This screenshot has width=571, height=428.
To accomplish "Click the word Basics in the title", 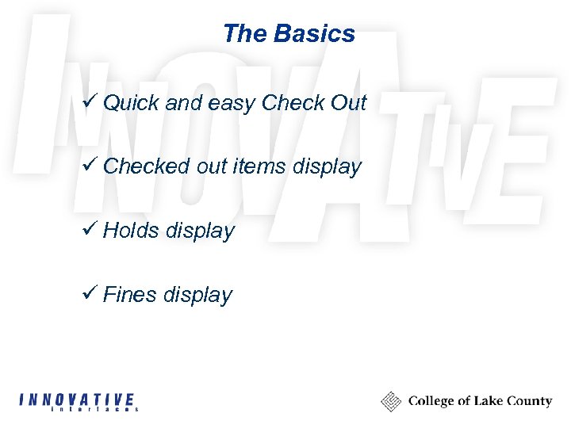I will (x=315, y=34).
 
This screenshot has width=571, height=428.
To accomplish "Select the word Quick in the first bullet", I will (x=130, y=103).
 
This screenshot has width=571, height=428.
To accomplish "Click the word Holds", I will (x=131, y=231).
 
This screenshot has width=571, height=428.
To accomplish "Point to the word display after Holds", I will (x=201, y=231).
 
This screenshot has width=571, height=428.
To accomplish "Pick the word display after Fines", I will (x=197, y=296).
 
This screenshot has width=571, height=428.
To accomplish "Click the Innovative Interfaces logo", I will (x=79, y=401).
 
